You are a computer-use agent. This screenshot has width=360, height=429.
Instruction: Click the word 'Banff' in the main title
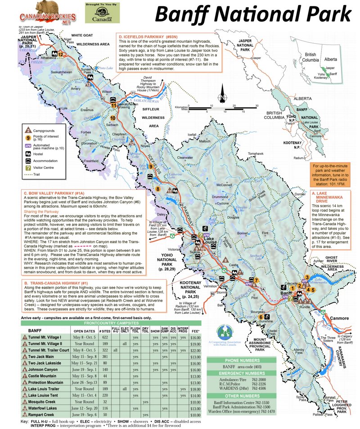tap(185, 15)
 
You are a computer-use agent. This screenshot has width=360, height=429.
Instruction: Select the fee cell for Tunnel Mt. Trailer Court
tap(195, 349)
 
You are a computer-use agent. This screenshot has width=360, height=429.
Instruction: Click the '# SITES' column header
tap(106, 330)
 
